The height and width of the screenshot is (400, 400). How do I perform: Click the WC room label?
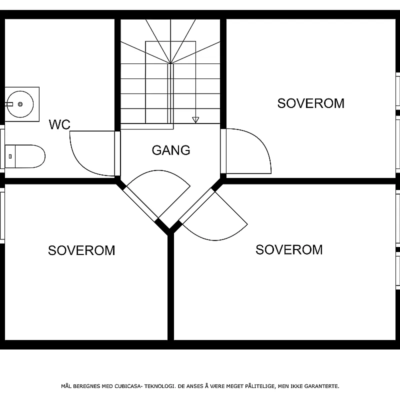[59, 124]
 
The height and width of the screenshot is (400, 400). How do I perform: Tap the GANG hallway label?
[171, 150]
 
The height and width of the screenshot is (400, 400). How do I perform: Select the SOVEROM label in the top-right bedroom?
[310, 103]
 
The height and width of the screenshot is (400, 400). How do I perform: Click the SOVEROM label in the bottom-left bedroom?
[81, 250]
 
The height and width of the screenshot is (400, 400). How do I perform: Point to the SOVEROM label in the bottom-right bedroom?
[289, 249]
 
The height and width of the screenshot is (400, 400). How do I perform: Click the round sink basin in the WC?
[20, 104]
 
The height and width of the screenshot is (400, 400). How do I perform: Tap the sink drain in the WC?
[20, 104]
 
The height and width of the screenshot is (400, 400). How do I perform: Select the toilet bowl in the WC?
[25, 156]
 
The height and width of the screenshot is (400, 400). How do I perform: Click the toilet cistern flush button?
[10, 156]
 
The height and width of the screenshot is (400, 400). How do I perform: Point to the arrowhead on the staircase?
[195, 120]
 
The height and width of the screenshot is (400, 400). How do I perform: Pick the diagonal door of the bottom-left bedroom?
[158, 194]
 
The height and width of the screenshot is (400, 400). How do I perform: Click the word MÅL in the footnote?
[66, 386]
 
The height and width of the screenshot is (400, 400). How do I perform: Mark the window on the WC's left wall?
[2, 149]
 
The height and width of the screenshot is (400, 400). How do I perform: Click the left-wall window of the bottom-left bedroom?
[2, 216]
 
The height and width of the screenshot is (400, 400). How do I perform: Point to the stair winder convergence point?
[170, 63]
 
